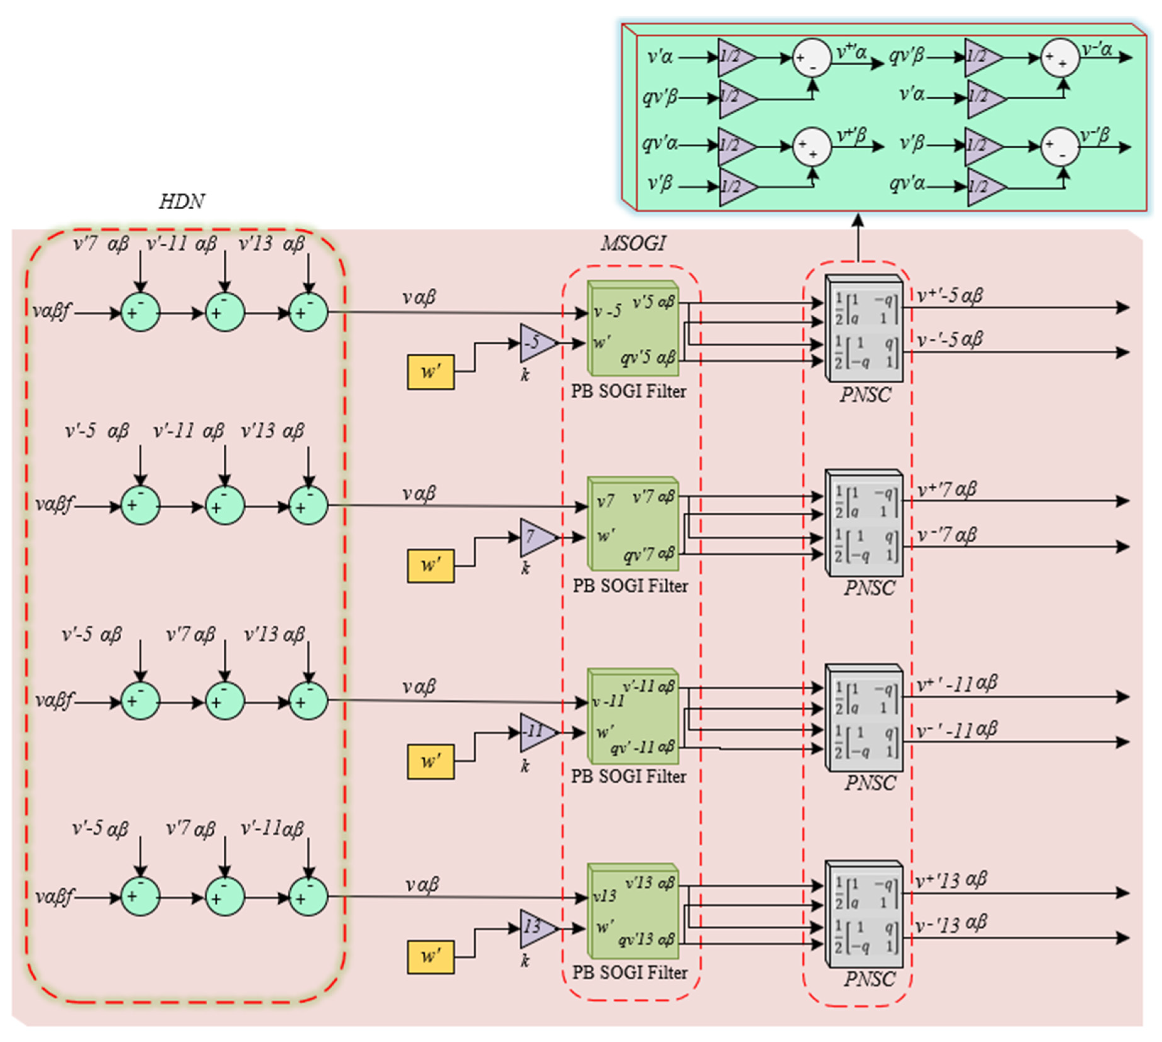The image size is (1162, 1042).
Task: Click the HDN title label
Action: pos(182,202)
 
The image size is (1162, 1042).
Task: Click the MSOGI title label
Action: pos(633,244)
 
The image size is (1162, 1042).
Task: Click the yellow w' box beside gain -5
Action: pos(430,372)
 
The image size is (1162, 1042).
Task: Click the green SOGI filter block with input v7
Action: pos(633,524)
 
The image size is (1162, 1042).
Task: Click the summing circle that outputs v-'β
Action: pos(1060,147)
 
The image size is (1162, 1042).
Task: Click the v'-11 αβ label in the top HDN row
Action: pos(182,244)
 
